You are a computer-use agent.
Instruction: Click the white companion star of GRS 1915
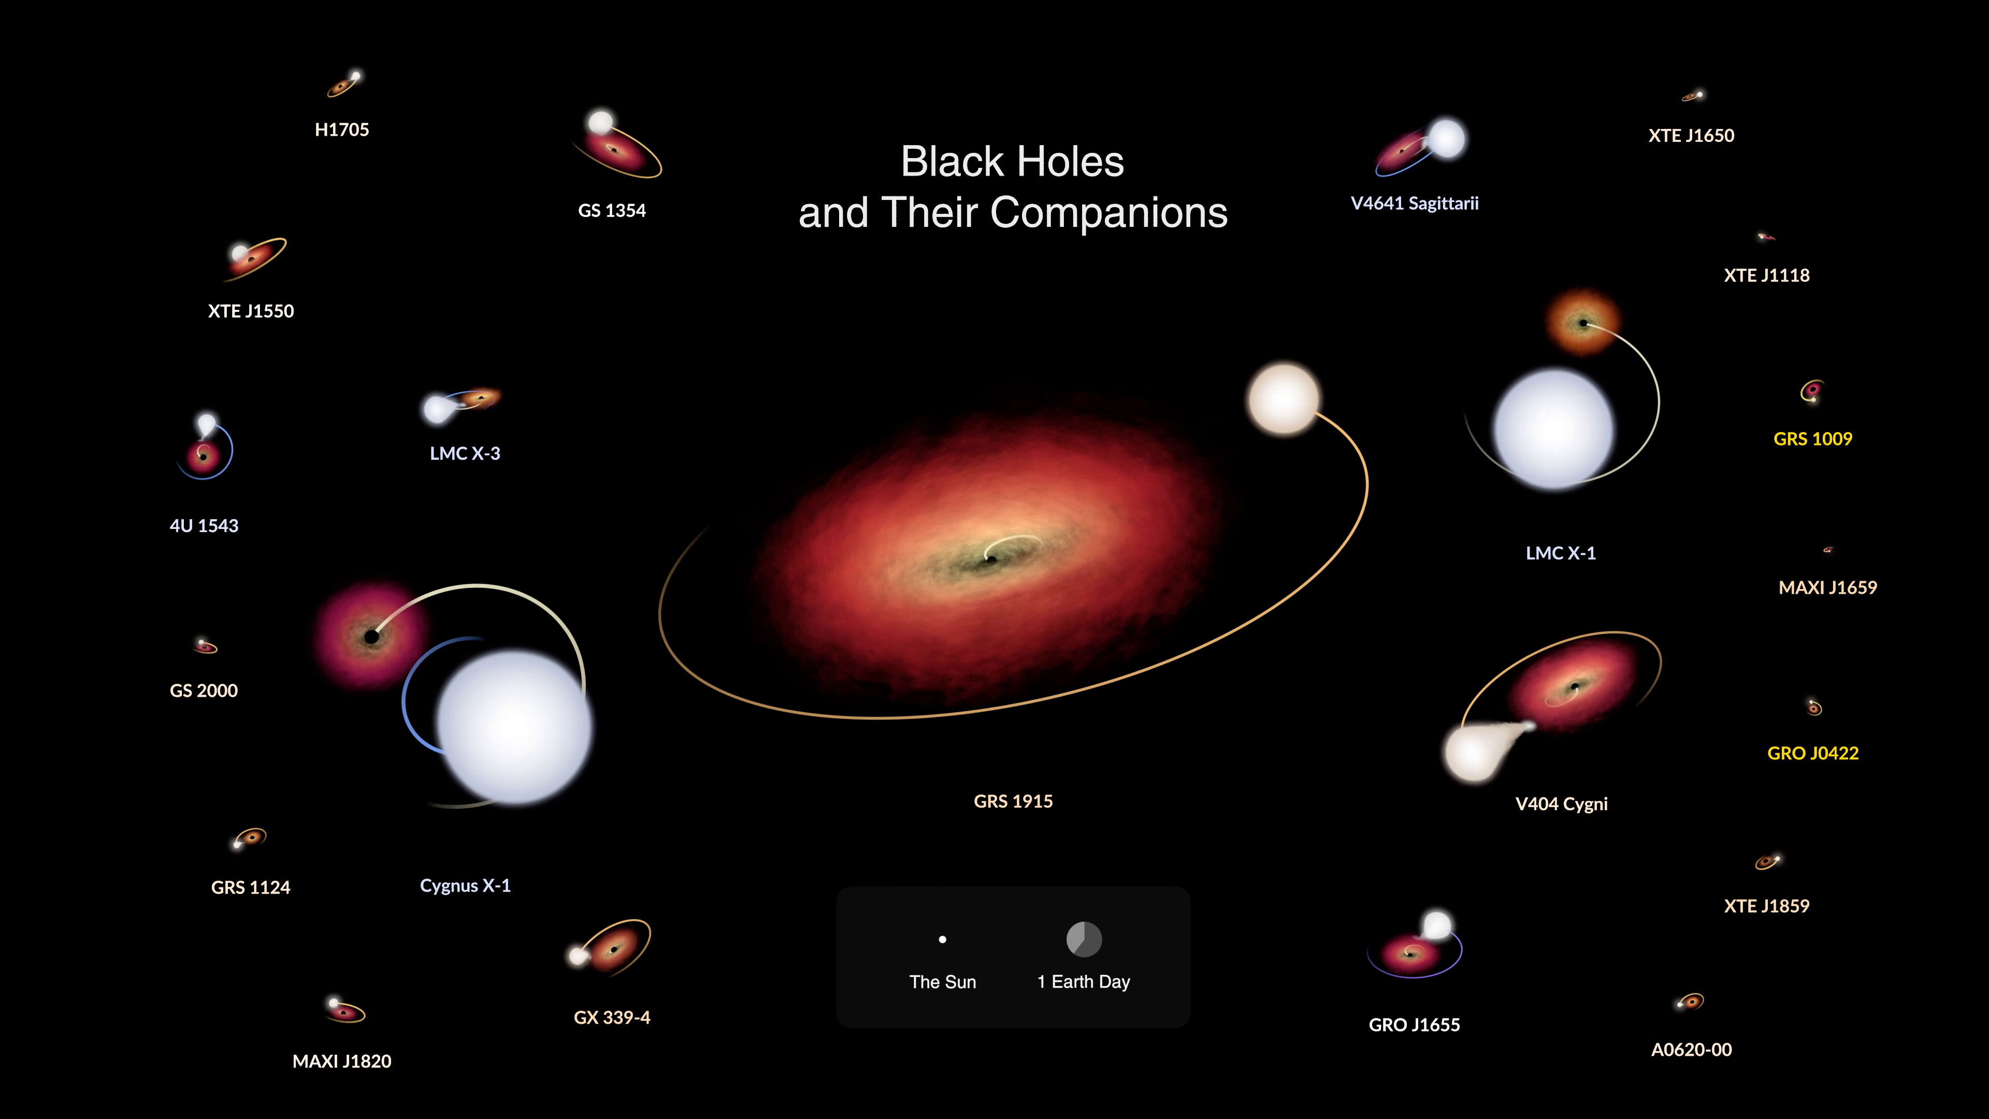pos(1284,399)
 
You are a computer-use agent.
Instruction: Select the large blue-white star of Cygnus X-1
pos(514,727)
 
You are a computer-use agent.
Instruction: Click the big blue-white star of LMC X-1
pos(1553,429)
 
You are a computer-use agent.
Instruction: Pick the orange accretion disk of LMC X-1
pos(1583,323)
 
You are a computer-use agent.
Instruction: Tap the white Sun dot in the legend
pos(942,940)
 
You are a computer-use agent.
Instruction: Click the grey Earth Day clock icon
pos(1084,939)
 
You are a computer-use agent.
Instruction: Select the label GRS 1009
pos(1812,439)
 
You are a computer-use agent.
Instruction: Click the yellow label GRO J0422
pos(1812,753)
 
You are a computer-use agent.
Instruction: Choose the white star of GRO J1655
pos(1436,924)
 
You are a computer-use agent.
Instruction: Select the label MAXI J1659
pos(1827,587)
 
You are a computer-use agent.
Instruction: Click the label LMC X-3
pos(465,453)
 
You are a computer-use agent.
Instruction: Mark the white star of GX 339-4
pos(578,956)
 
